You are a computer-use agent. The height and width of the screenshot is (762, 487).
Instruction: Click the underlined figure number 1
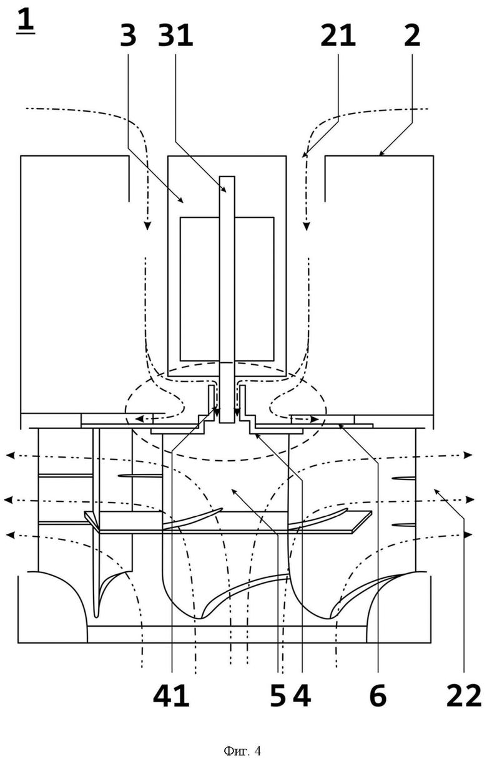click(26, 21)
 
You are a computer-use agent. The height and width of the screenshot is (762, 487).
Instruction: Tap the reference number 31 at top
click(175, 36)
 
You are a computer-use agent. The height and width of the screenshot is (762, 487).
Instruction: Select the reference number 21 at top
click(338, 36)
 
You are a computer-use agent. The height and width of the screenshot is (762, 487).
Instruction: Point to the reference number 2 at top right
click(412, 36)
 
